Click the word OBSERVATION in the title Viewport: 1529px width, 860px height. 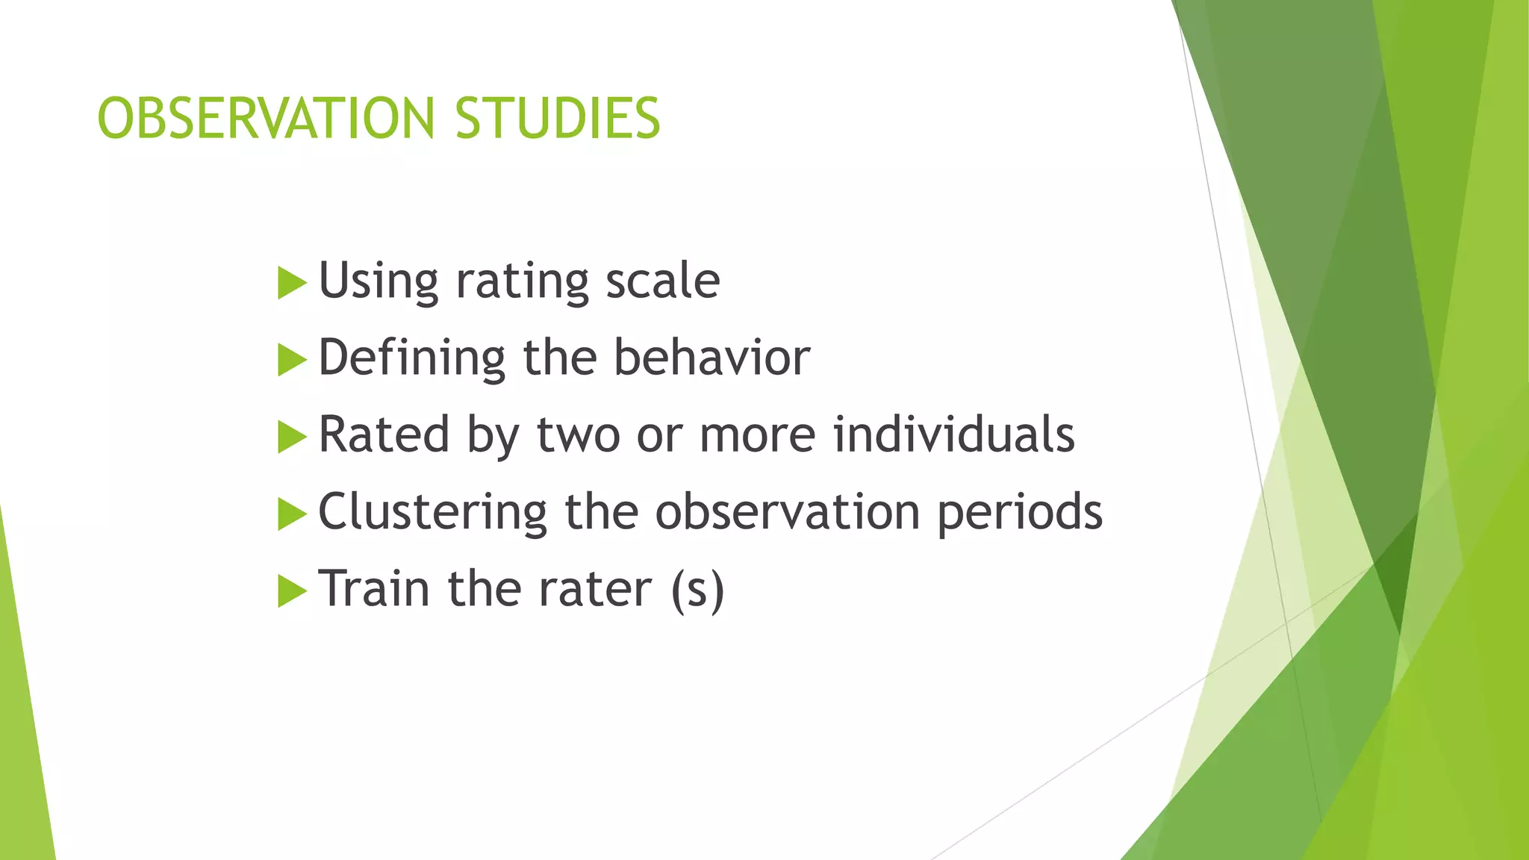(x=266, y=119)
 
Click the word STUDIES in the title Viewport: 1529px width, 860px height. (x=557, y=119)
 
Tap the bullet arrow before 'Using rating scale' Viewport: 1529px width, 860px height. (x=291, y=284)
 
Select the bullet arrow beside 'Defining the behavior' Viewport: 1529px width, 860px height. (x=291, y=361)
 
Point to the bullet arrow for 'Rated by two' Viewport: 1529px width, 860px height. (x=291, y=437)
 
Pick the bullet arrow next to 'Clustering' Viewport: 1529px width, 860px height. (x=291, y=514)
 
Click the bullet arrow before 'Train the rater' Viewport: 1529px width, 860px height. (x=291, y=591)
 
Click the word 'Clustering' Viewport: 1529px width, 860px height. (x=433, y=512)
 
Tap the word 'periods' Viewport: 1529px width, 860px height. (x=1020, y=512)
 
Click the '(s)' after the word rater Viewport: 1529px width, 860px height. (x=697, y=590)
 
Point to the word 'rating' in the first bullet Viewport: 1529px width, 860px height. (x=522, y=282)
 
